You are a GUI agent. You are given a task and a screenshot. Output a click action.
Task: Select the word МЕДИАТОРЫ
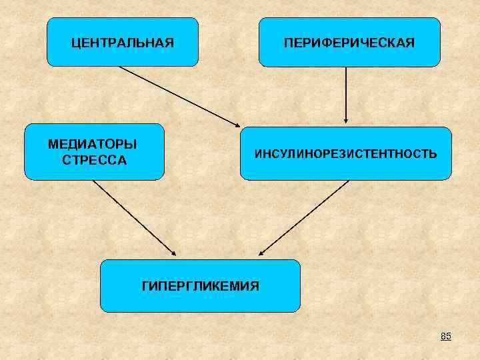coord(93,145)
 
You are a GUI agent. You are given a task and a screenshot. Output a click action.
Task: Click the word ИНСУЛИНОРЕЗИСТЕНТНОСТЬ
coord(345,154)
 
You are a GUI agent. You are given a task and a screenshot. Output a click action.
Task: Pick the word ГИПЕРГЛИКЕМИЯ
coord(201,286)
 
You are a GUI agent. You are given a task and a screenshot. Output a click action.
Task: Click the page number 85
coord(445,336)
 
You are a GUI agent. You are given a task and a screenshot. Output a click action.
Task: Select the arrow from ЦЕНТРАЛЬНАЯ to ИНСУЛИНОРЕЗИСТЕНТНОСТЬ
coord(179,95)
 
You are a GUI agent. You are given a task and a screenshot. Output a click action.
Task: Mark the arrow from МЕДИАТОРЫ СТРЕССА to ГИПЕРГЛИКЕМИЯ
coord(133,217)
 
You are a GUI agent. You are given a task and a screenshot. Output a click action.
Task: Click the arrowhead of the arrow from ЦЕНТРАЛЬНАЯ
coord(238,125)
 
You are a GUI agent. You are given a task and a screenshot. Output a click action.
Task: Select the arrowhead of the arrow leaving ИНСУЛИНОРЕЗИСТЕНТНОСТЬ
coord(262,253)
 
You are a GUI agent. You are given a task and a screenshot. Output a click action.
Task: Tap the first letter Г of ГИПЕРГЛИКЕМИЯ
coord(145,286)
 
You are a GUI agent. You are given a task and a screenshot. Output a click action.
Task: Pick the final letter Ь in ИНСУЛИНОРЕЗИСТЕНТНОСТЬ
coord(433,154)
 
